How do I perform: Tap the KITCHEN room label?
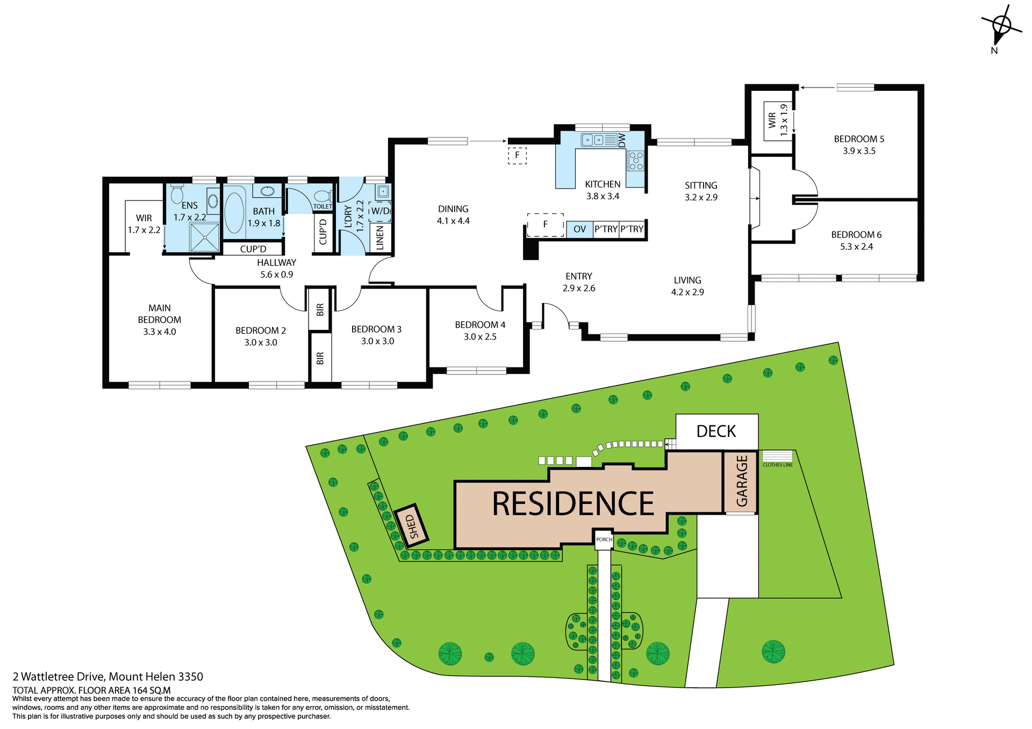603,184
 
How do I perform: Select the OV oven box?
579,229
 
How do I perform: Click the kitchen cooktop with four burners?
636,161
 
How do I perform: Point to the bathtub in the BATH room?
234,213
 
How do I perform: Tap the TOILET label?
322,206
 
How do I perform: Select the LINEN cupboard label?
380,237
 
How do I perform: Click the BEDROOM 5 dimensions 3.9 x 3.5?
859,151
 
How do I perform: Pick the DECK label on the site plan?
716,431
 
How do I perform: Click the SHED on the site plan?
412,525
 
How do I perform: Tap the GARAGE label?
742,481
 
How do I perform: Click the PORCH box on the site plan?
604,539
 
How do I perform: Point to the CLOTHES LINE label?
777,465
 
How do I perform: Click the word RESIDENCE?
573,504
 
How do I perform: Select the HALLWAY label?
276,263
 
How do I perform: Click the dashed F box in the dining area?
517,156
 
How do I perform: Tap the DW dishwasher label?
622,140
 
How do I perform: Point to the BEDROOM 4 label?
480,325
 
